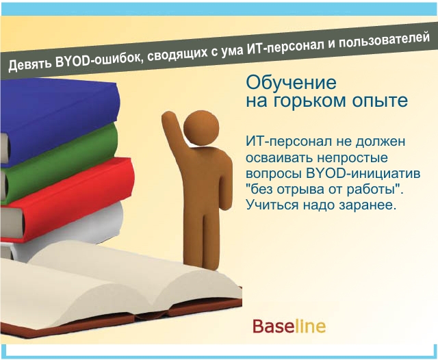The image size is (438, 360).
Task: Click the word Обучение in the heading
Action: pyautogui.click(x=291, y=83)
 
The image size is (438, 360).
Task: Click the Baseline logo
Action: pyautogui.click(x=289, y=326)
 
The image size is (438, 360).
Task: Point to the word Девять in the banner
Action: pyautogui.click(x=29, y=64)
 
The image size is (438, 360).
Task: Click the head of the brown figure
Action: pyautogui.click(x=201, y=127)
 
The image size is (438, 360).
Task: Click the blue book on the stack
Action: pyautogui.click(x=60, y=117)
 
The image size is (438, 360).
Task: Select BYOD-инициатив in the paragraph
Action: pyautogui.click(x=363, y=173)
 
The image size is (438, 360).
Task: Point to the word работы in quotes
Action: pyautogui.click(x=372, y=190)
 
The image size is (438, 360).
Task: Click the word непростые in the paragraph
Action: pyautogui.click(x=352, y=158)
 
